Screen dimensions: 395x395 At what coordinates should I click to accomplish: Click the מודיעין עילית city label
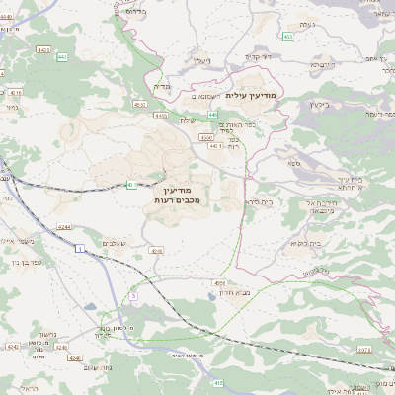[x=254, y=95]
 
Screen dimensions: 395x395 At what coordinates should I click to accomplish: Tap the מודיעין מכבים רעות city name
[x=179, y=194]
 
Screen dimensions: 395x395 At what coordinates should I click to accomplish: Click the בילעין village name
[x=318, y=103]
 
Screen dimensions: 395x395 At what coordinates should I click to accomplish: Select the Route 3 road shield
[x=131, y=296]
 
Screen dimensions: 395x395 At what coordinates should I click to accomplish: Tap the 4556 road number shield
[x=219, y=282]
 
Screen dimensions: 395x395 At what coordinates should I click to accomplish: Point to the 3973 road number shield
[x=364, y=349]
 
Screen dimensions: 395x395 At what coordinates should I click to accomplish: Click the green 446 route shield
[x=212, y=115]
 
